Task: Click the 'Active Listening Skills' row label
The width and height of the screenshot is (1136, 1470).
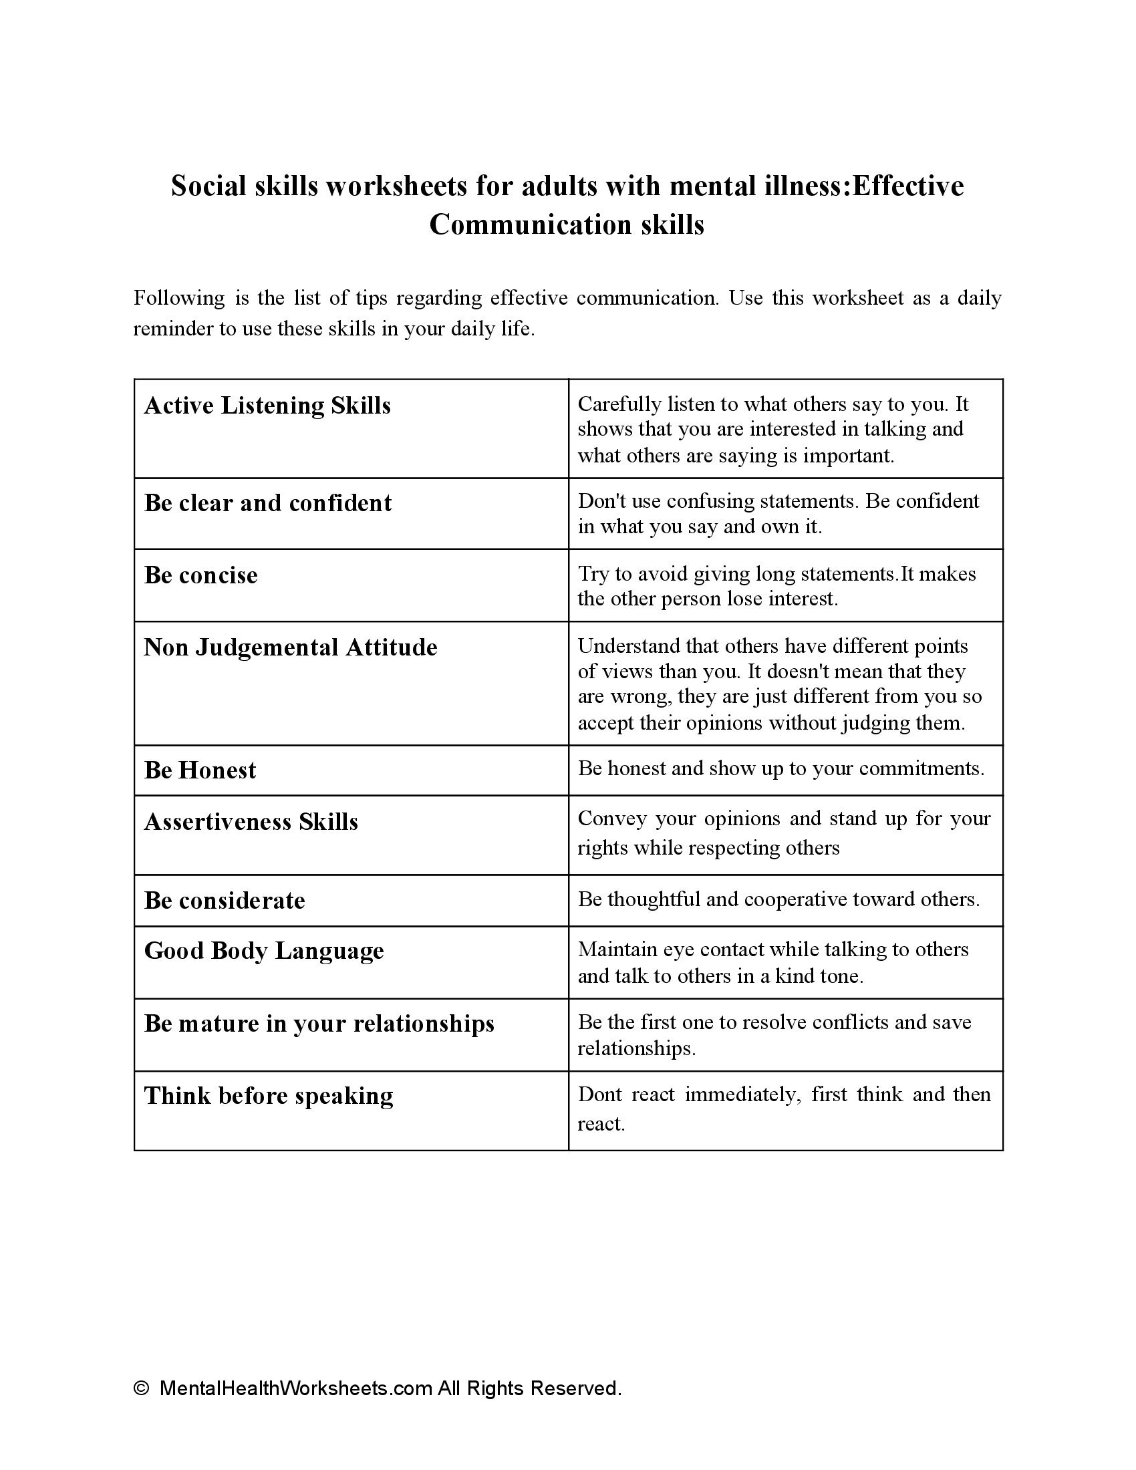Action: coord(267,406)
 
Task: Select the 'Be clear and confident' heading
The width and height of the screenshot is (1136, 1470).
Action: coord(268,503)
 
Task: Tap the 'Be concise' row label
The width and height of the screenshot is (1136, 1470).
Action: coord(200,575)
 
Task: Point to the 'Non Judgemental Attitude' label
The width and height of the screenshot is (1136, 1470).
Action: coord(291,647)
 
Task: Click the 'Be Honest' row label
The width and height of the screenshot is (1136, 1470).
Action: coord(200,770)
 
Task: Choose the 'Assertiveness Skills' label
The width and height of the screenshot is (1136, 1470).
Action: coord(251,822)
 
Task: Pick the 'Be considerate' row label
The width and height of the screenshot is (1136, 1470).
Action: coord(225,901)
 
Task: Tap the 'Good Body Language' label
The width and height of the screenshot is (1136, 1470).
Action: coord(264,951)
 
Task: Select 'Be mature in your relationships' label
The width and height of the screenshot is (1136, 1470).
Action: coord(319,1024)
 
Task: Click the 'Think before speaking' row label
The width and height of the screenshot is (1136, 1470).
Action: coord(269,1096)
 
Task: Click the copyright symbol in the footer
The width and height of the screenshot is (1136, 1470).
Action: coord(141,1388)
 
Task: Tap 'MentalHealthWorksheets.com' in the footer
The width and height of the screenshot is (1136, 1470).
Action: coord(295,1388)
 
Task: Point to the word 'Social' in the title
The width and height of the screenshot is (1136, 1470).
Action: coord(208,186)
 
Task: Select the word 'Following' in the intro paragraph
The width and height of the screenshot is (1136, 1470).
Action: coord(179,297)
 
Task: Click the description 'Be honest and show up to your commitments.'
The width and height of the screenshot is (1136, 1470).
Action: coord(780,768)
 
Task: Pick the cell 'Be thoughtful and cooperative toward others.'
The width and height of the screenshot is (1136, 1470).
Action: coord(778,899)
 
